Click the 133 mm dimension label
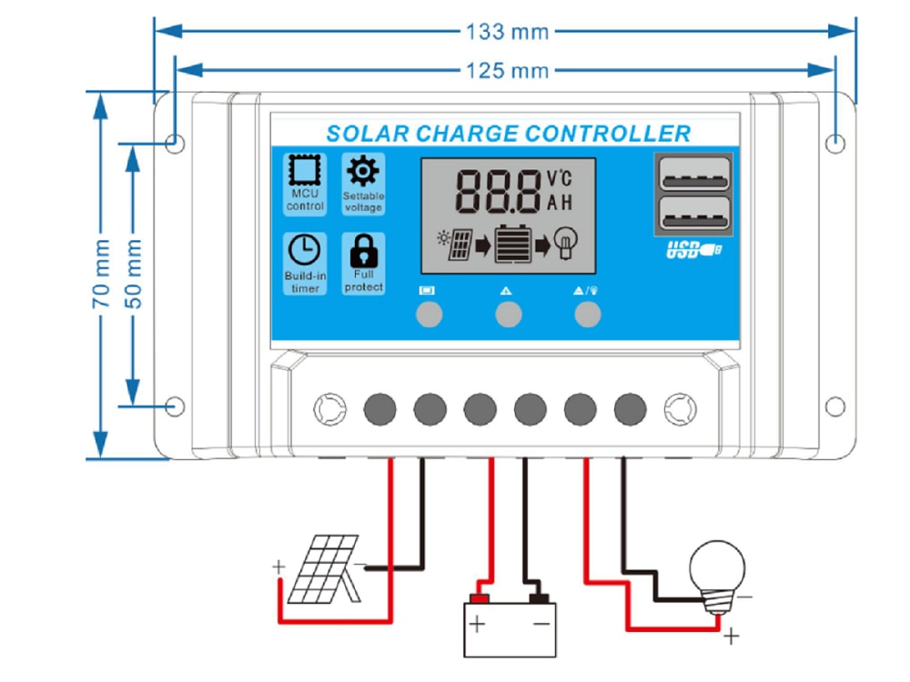[507, 31]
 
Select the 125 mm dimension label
[507, 71]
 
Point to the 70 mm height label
[101, 273]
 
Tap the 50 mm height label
[134, 273]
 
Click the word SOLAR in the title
[368, 134]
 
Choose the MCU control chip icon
[305, 170]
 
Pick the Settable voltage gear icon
[363, 171]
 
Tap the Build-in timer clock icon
[304, 250]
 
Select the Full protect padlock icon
[364, 251]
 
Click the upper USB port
[694, 174]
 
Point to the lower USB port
[694, 214]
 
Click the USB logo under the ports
[694, 251]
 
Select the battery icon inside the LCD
[512, 244]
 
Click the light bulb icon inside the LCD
[566, 243]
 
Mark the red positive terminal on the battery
[480, 598]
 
